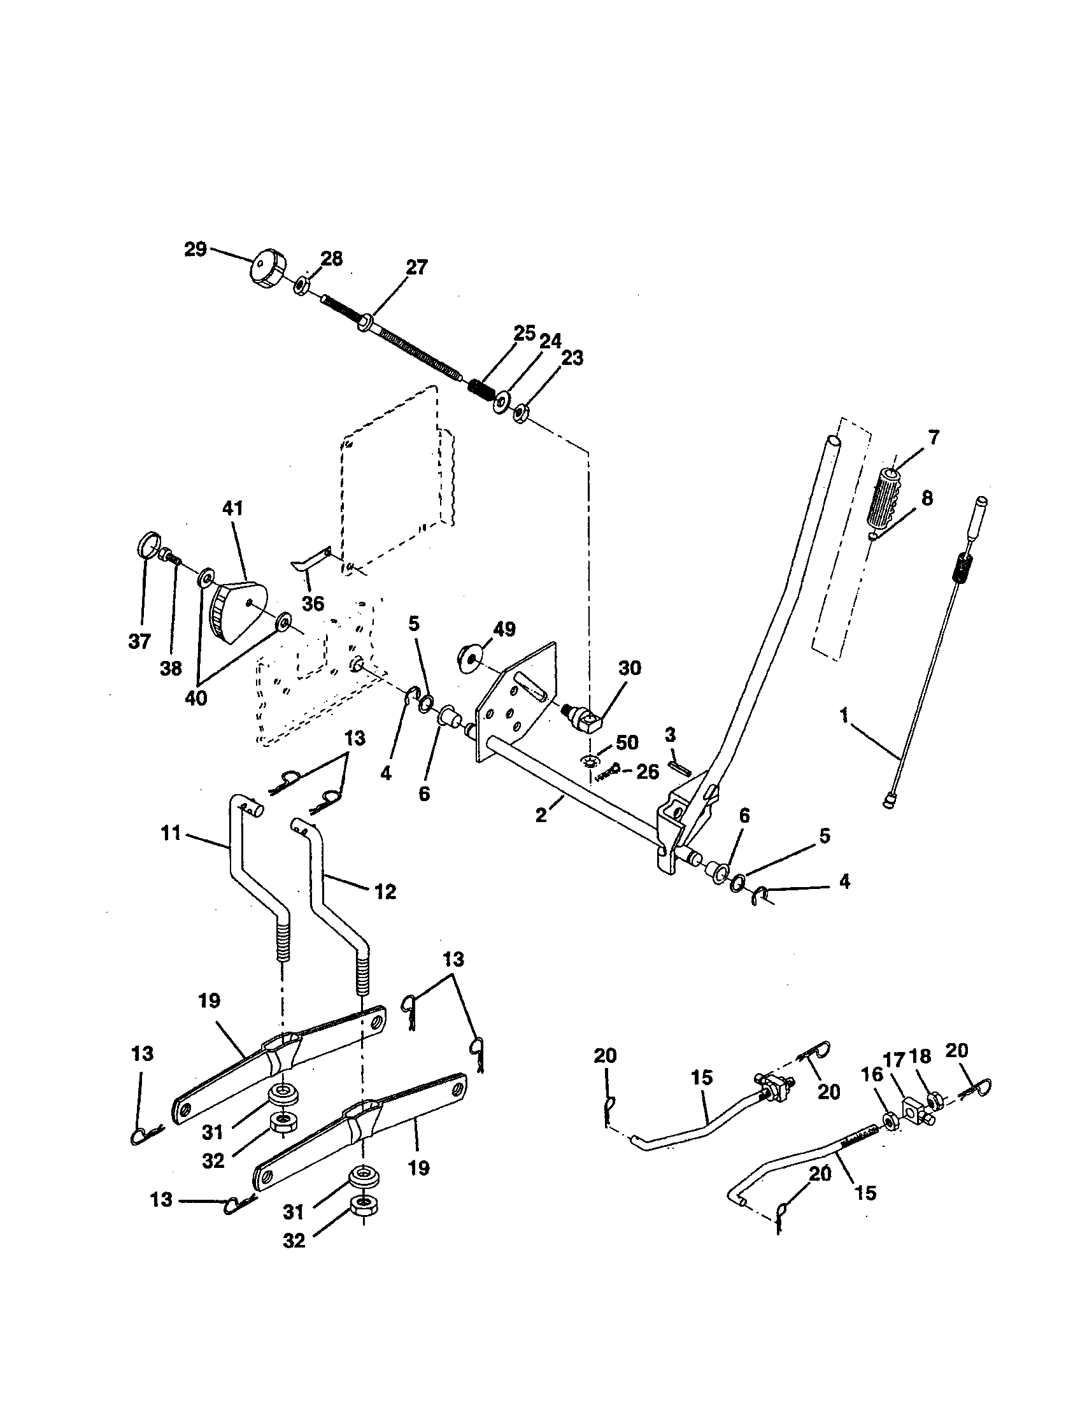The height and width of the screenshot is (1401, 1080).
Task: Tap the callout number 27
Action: click(416, 267)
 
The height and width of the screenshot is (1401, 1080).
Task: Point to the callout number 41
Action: click(232, 508)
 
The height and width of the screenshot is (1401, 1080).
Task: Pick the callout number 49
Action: click(505, 629)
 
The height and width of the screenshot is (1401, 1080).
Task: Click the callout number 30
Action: click(629, 668)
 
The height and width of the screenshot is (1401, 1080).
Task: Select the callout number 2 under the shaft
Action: click(541, 815)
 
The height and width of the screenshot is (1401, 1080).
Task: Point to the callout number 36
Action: click(313, 603)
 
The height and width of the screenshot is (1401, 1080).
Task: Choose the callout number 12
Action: click(385, 892)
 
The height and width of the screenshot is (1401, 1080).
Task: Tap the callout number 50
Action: click(627, 742)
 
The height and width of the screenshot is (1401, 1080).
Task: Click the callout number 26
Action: click(647, 772)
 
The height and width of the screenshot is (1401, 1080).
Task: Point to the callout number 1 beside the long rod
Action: click(844, 715)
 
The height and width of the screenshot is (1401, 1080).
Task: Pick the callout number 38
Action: click(171, 669)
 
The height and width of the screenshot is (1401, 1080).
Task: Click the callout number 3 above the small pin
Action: click(670, 734)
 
